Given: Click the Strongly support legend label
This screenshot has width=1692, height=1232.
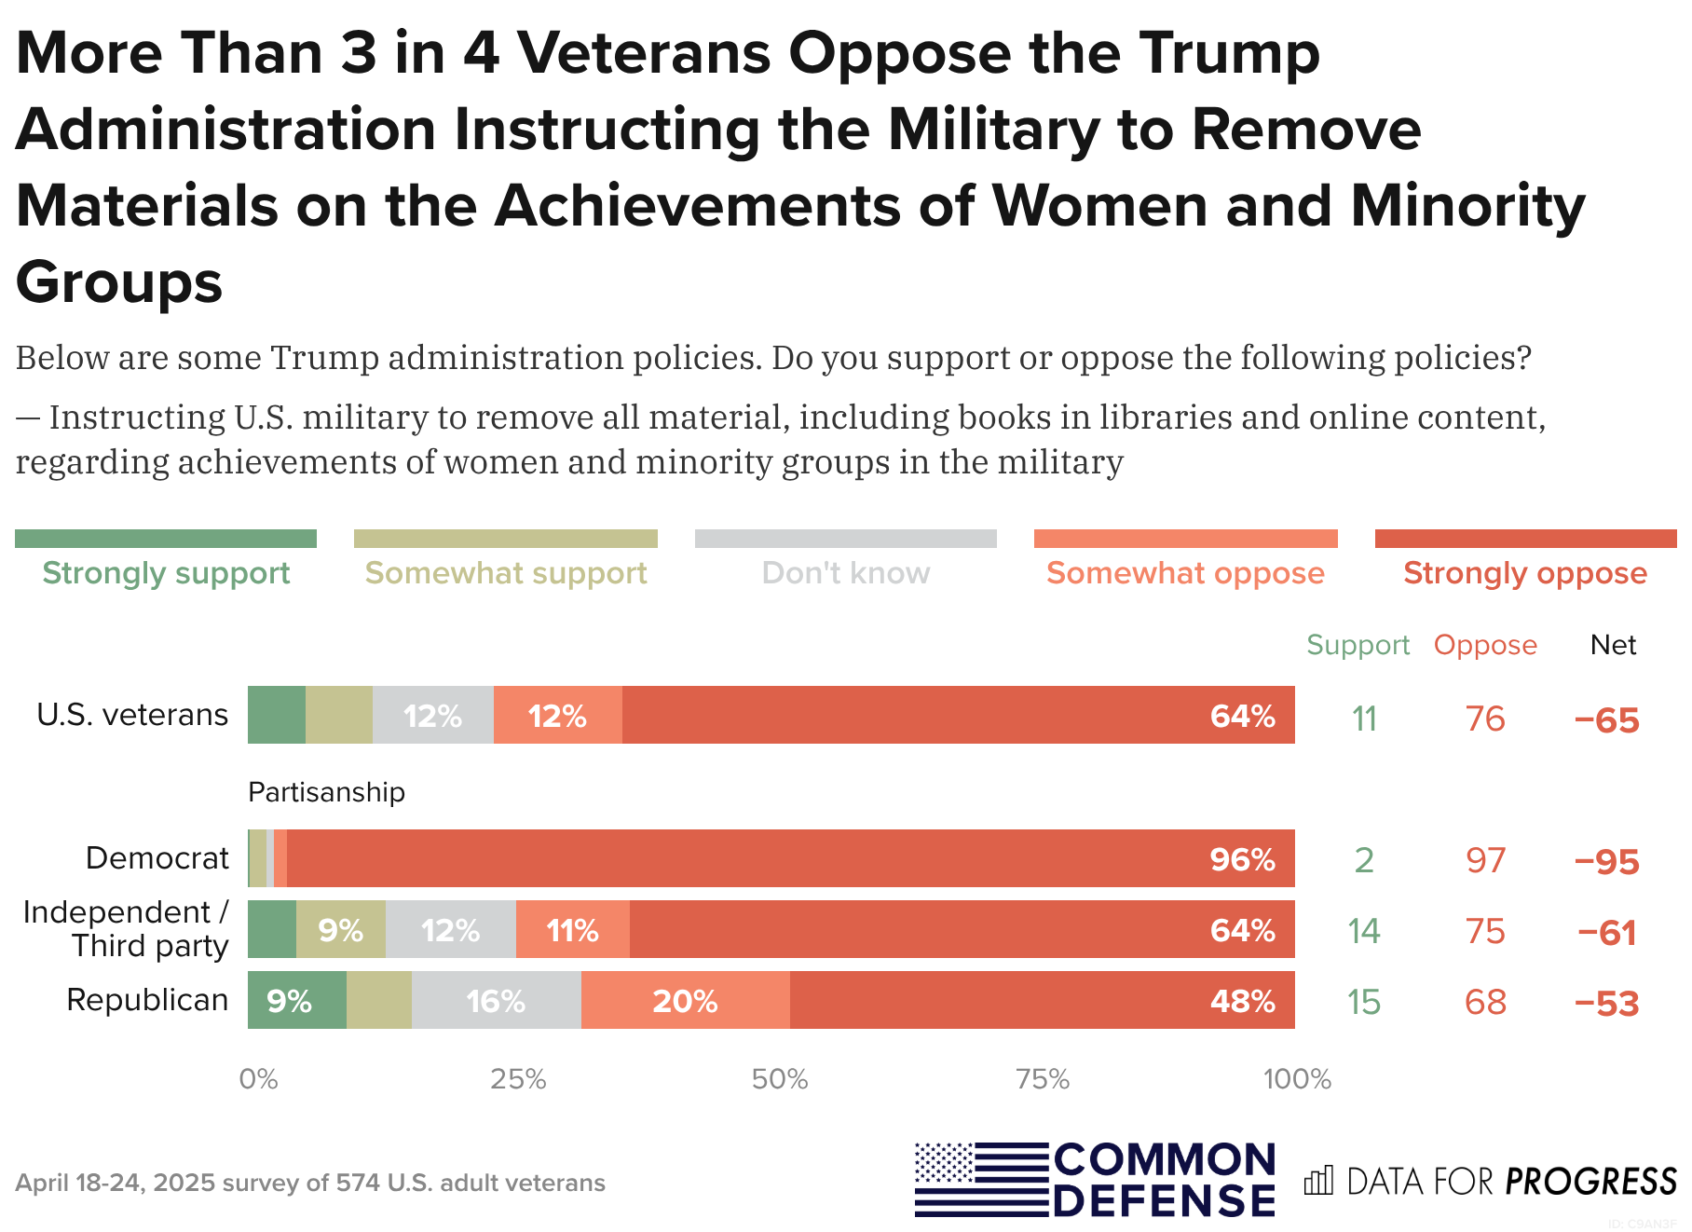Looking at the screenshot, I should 166,573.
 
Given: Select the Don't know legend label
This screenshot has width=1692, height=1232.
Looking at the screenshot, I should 845,573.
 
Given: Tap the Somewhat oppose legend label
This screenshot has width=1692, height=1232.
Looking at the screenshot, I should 1185,573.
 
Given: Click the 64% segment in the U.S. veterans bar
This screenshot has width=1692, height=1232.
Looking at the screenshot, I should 958,716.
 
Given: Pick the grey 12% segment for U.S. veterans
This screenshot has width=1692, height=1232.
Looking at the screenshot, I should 432,716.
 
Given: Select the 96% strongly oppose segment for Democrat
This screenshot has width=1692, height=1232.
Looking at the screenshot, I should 790,858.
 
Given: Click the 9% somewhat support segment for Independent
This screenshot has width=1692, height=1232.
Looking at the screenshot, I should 340,930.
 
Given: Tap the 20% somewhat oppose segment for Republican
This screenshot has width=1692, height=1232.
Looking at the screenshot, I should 685,1001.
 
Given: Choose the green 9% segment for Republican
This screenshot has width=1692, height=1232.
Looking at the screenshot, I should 296,1001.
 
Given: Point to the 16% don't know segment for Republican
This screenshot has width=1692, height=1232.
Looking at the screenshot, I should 496,1001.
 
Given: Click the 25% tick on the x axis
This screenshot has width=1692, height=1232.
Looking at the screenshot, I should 518,1079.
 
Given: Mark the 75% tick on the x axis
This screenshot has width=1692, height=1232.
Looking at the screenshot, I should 1043,1079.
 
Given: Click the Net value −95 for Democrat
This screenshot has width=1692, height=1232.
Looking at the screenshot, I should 1606,861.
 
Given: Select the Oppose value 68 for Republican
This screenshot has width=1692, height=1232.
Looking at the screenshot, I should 1485,1002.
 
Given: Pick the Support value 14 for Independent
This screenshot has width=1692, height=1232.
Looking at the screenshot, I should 1364,931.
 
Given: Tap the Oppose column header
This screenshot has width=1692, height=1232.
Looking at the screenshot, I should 1485,645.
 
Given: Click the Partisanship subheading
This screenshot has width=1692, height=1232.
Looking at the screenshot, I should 326,792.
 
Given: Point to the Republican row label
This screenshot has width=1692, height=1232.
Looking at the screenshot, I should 147,1000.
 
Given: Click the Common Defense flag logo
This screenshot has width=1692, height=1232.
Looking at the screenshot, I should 981,1180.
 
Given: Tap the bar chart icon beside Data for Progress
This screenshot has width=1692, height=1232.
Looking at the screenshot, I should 1318,1181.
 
